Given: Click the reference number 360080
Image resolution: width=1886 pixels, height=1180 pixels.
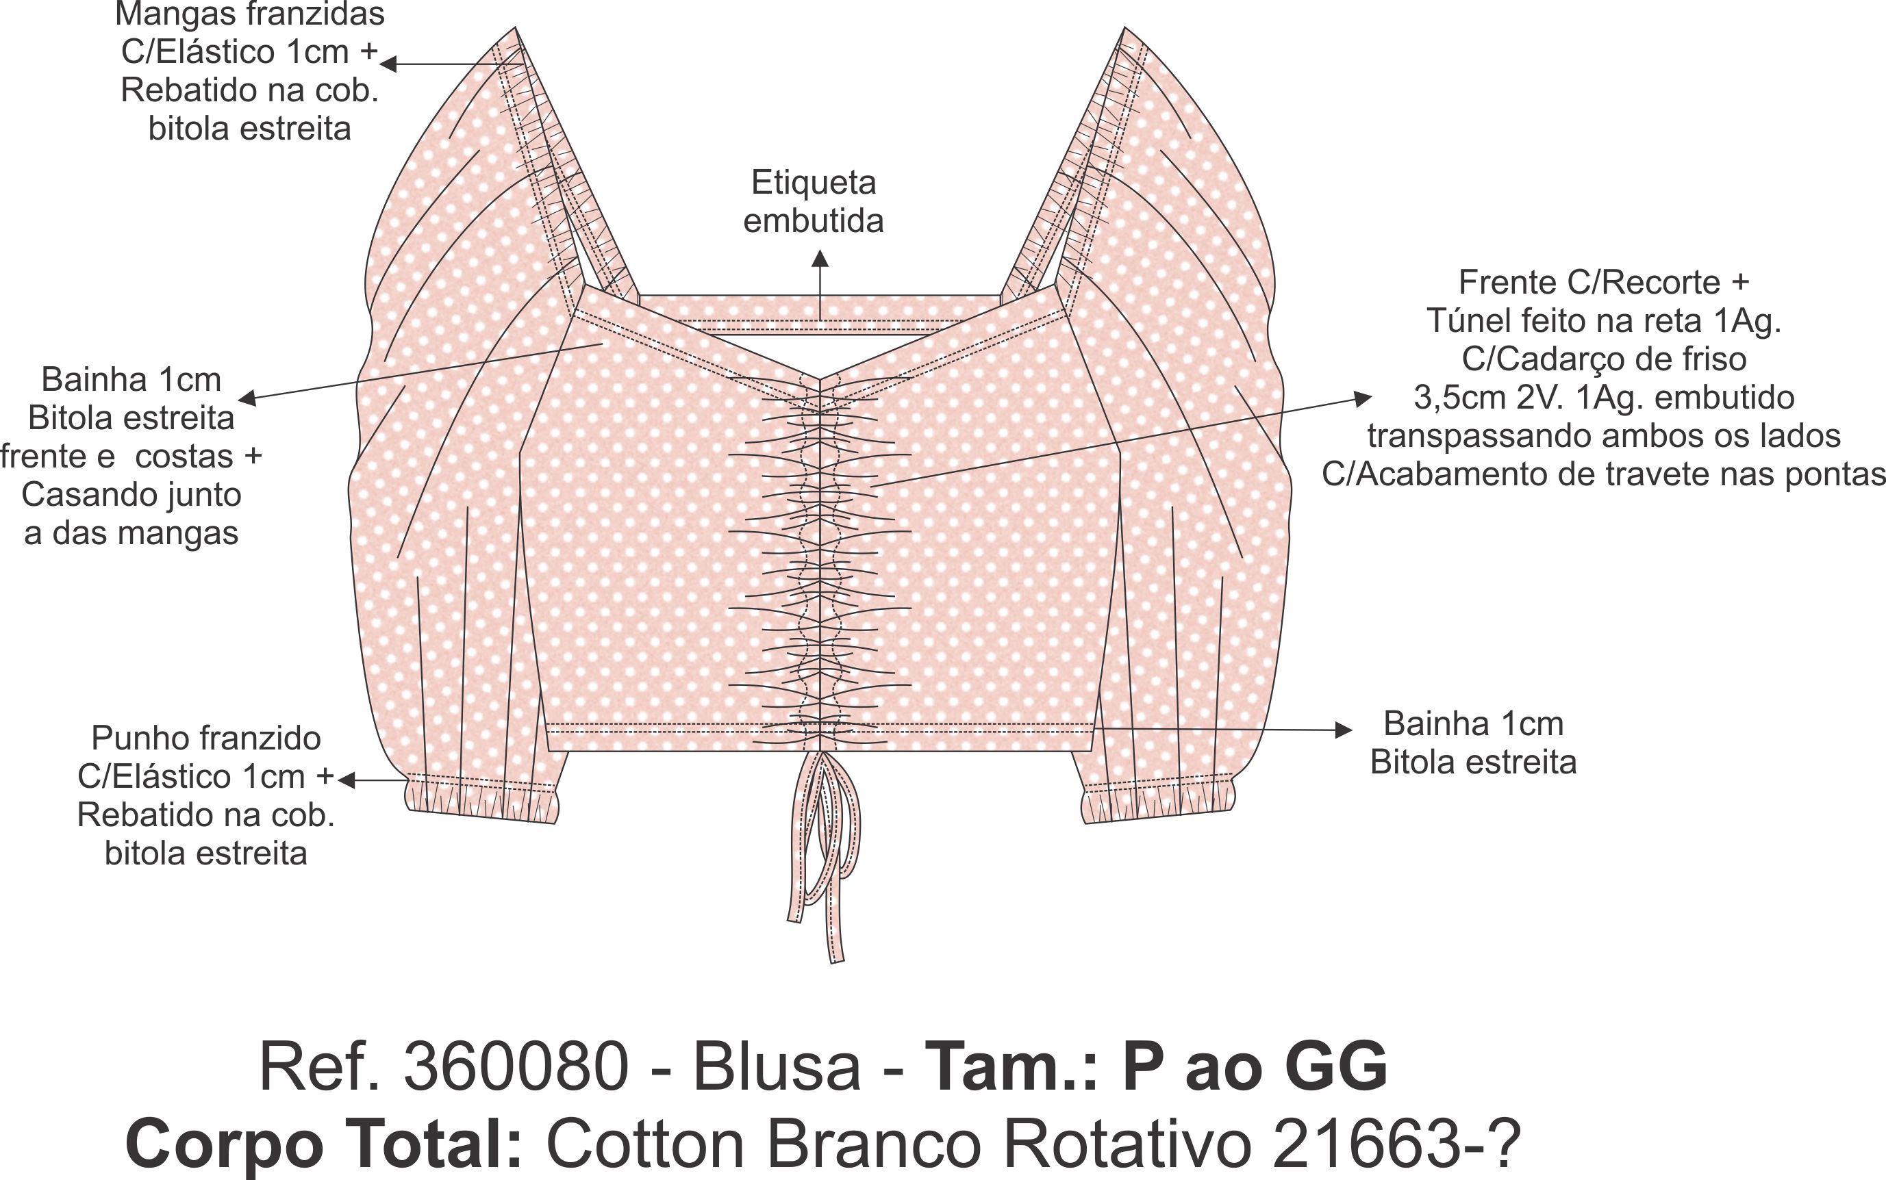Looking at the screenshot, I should click(515, 1067).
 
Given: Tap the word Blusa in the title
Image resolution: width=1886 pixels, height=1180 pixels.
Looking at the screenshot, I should click(776, 1067).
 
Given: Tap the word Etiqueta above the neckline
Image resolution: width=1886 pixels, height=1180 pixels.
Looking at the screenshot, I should click(814, 183).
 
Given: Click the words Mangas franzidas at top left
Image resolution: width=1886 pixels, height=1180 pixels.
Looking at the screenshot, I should click(250, 14).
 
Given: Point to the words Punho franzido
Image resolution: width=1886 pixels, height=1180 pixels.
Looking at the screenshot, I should click(206, 739).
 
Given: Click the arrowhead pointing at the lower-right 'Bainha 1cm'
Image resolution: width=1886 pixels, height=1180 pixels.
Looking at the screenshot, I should click(1344, 730).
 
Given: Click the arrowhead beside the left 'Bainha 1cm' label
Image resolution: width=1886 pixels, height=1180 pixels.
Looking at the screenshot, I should click(247, 399).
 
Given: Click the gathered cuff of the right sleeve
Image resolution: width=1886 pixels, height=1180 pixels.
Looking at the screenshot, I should click(1159, 804).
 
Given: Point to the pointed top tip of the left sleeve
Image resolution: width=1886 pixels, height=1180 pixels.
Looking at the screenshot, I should click(514, 31).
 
